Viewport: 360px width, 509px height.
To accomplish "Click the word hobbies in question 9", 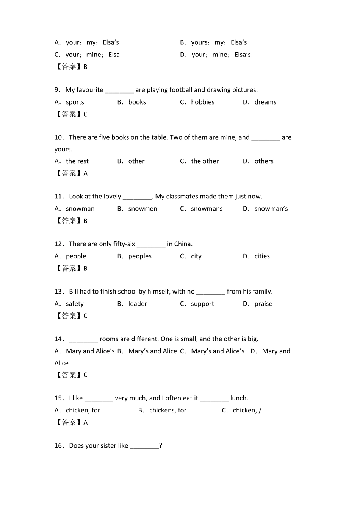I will point(202,102).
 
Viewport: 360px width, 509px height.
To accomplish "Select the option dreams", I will point(265,102).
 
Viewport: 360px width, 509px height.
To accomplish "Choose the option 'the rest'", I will point(77,161).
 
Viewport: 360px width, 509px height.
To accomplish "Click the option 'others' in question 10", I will point(264,161).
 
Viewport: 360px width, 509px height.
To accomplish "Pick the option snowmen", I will point(142,209).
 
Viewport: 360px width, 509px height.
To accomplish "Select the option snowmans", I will point(207,209).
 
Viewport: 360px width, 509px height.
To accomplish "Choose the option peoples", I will point(140,256).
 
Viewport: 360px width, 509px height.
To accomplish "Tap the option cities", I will point(262,256).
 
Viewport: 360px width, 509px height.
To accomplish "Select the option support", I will point(202,304).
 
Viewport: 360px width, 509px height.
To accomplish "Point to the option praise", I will point(263,304).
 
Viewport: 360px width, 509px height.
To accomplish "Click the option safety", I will point(75,304).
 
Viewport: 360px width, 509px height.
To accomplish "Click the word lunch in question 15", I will point(239,398).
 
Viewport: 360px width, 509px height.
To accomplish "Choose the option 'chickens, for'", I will point(167,411).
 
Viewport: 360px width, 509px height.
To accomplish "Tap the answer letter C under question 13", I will point(85,316).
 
